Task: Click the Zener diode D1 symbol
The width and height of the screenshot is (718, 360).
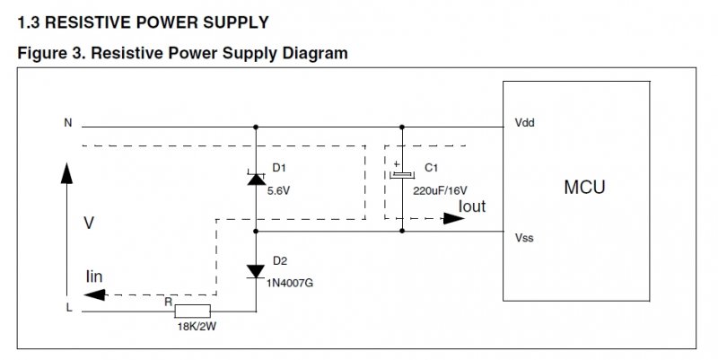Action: tap(255, 179)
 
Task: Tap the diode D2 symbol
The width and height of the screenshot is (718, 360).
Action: tap(255, 269)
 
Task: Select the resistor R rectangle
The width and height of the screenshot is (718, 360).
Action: tap(193, 311)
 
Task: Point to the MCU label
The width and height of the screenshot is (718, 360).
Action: tap(584, 188)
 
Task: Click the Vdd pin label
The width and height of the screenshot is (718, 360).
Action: tap(526, 122)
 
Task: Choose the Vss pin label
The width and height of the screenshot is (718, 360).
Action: tap(525, 240)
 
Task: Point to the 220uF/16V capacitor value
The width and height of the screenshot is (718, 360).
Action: tap(441, 190)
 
